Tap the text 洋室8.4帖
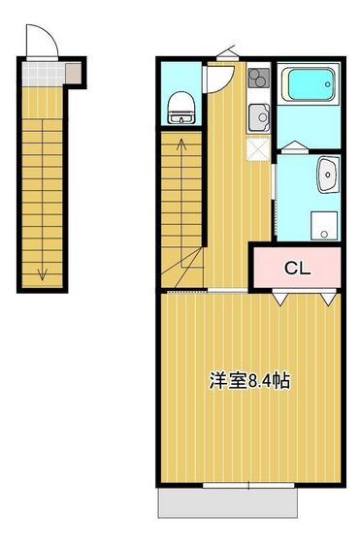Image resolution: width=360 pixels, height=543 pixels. point(248,381)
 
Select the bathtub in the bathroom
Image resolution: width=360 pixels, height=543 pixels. point(307,86)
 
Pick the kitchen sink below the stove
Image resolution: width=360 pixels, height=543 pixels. point(258,117)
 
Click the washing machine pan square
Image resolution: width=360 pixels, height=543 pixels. point(322,224)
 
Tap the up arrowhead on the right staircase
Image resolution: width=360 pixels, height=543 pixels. point(181,144)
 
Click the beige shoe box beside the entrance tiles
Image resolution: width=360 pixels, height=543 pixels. point(73,72)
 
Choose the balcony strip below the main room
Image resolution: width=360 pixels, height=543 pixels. point(227,501)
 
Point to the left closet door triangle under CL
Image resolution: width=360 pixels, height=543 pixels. point(279,301)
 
